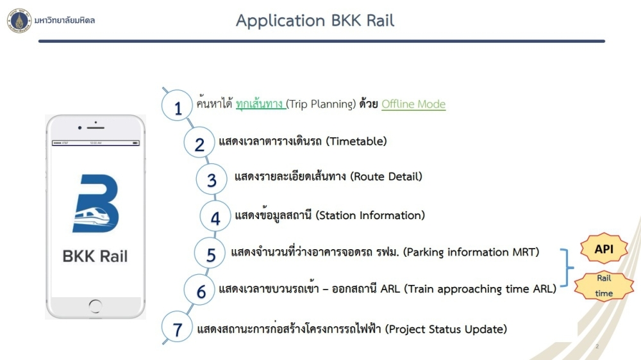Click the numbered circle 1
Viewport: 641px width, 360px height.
(x=177, y=106)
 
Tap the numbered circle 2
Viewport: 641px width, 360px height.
(x=199, y=143)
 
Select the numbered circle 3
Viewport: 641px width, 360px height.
(x=212, y=179)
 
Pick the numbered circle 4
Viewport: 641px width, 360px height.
(x=215, y=216)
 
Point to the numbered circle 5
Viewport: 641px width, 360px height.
(x=210, y=254)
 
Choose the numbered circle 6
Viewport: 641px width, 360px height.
(x=199, y=290)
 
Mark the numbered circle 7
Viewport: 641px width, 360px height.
(x=177, y=327)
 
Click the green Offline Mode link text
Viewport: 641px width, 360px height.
(x=413, y=104)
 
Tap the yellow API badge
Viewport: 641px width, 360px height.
(x=604, y=249)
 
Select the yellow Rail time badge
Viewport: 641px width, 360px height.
(x=604, y=286)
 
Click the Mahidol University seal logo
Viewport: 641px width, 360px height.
(x=19, y=20)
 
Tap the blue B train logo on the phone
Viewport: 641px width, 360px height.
(x=96, y=204)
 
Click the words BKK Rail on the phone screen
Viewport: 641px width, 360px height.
(x=95, y=256)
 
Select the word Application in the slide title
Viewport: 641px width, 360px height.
(x=281, y=21)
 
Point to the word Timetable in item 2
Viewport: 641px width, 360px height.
(x=356, y=142)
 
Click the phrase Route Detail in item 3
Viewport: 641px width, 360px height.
(x=386, y=177)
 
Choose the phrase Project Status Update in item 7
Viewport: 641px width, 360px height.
(x=446, y=329)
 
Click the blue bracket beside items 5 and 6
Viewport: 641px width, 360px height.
(x=567, y=268)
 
